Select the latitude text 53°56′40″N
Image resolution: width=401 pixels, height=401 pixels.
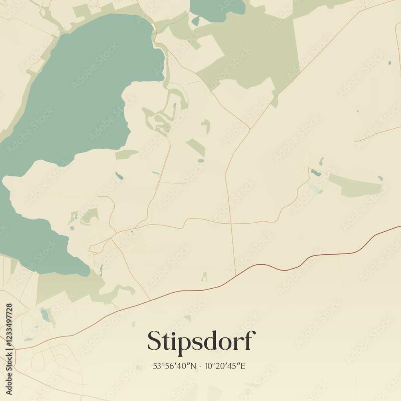click(174, 366)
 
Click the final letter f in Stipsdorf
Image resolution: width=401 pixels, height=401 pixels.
click(250, 340)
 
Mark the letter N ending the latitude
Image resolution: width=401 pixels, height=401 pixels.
click(194, 366)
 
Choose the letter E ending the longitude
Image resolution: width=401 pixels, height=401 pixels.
click(242, 366)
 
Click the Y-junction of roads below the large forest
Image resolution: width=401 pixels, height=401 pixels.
click(249, 129)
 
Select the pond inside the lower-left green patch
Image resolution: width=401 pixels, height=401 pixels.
click(45, 315)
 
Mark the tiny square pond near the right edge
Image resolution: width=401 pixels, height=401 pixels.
click(389, 63)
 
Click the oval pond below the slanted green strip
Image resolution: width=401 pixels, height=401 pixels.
click(200, 161)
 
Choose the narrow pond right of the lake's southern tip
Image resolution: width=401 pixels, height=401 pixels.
click(101, 269)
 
